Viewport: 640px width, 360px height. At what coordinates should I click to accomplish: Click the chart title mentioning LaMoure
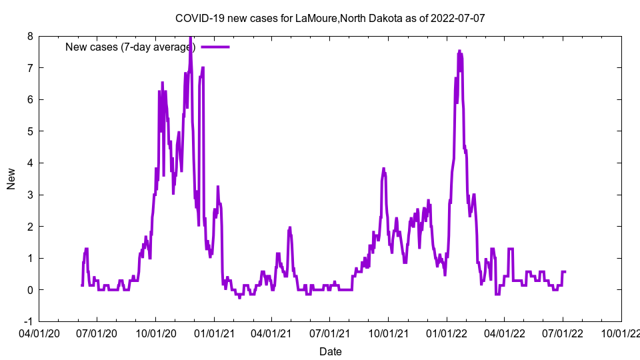pyautogui.click(x=330, y=18)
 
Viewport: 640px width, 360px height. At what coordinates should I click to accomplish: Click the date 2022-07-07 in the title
pyautogui.click(x=458, y=18)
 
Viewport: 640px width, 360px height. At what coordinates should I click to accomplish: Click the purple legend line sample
pyautogui.click(x=215, y=47)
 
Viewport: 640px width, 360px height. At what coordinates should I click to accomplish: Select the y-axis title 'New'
pyautogui.click(x=11, y=179)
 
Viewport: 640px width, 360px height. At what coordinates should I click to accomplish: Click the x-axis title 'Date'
pyautogui.click(x=330, y=351)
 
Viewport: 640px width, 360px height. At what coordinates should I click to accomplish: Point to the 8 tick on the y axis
pyautogui.click(x=30, y=36)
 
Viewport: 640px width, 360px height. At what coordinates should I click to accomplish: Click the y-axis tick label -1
pyautogui.click(x=29, y=321)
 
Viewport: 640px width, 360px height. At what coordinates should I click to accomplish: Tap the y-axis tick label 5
pyautogui.click(x=30, y=131)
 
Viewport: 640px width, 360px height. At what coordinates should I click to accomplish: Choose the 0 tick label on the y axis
pyautogui.click(x=30, y=290)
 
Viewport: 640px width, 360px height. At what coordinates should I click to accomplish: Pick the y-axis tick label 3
pyautogui.click(x=30, y=195)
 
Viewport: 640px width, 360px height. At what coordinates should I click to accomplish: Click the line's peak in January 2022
pyautogui.click(x=459, y=51)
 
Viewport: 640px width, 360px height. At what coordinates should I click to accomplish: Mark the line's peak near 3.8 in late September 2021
pyautogui.click(x=383, y=169)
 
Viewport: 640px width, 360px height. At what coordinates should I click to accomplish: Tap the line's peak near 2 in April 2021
pyautogui.click(x=290, y=227)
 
